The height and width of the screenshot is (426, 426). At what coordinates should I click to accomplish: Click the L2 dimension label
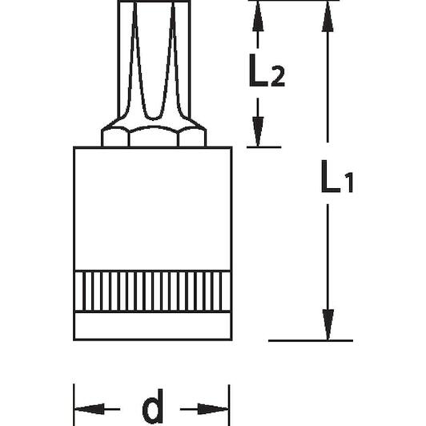point(267,70)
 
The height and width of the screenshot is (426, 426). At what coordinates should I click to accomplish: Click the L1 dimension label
point(337,177)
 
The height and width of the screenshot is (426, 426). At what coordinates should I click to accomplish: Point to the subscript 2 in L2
point(278,77)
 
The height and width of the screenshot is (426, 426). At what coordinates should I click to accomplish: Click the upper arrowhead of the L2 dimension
point(258,16)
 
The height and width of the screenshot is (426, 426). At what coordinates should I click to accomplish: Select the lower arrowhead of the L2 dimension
point(258,132)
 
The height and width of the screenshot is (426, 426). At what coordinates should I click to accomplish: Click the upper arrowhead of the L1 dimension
point(328,16)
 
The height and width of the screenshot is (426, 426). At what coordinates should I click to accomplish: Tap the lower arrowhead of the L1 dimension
point(328,324)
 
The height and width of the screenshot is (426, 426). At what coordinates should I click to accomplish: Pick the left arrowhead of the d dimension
point(90,409)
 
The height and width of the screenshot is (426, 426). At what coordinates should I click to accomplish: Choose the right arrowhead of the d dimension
point(213,409)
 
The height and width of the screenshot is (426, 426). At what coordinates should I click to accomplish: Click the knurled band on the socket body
point(152,291)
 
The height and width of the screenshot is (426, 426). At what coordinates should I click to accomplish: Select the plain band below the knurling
point(152,325)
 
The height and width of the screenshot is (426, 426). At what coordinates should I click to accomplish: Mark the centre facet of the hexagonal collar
point(154,137)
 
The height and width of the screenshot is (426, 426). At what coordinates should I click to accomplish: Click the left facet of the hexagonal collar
point(115,138)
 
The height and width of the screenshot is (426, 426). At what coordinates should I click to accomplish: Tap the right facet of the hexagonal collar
point(192,138)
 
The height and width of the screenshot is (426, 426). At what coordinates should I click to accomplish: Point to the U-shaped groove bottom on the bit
point(154,119)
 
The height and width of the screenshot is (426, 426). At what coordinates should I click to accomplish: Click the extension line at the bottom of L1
point(311,340)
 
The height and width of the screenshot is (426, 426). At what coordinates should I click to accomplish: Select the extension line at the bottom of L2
point(263,147)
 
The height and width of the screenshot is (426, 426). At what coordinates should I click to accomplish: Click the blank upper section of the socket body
point(152,209)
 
